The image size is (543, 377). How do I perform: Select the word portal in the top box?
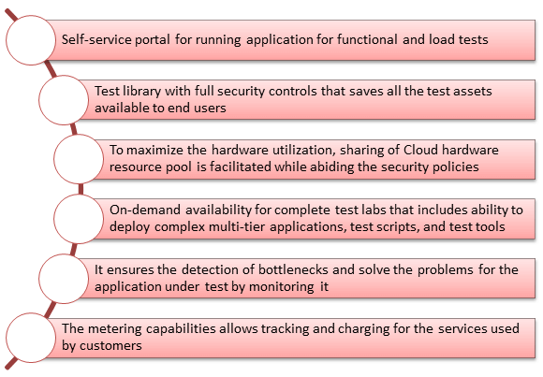(153, 40)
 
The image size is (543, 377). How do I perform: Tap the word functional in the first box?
(367, 39)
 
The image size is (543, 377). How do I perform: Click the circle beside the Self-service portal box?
(31, 40)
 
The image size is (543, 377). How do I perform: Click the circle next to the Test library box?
(64, 100)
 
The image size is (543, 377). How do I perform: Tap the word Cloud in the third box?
(420, 150)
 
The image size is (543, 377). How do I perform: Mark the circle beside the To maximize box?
(79, 159)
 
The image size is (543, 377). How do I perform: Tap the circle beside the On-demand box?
(79, 219)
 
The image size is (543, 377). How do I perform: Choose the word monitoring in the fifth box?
(282, 287)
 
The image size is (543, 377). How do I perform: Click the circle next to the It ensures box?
(64, 279)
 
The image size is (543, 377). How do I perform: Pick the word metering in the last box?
(114, 329)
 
